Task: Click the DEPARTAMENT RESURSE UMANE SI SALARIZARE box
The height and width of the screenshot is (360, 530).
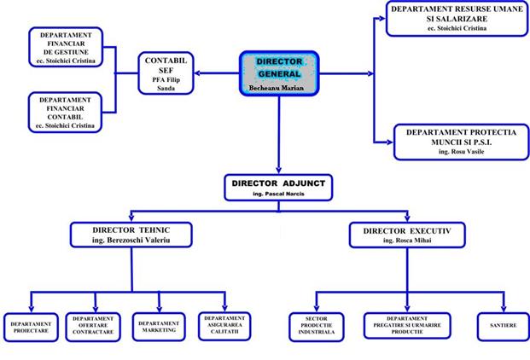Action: [x=453, y=18]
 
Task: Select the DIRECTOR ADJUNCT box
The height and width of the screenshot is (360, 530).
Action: [x=279, y=188]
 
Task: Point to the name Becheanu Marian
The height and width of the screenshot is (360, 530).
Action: [x=278, y=88]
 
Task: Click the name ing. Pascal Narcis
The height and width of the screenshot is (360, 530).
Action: [x=279, y=195]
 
